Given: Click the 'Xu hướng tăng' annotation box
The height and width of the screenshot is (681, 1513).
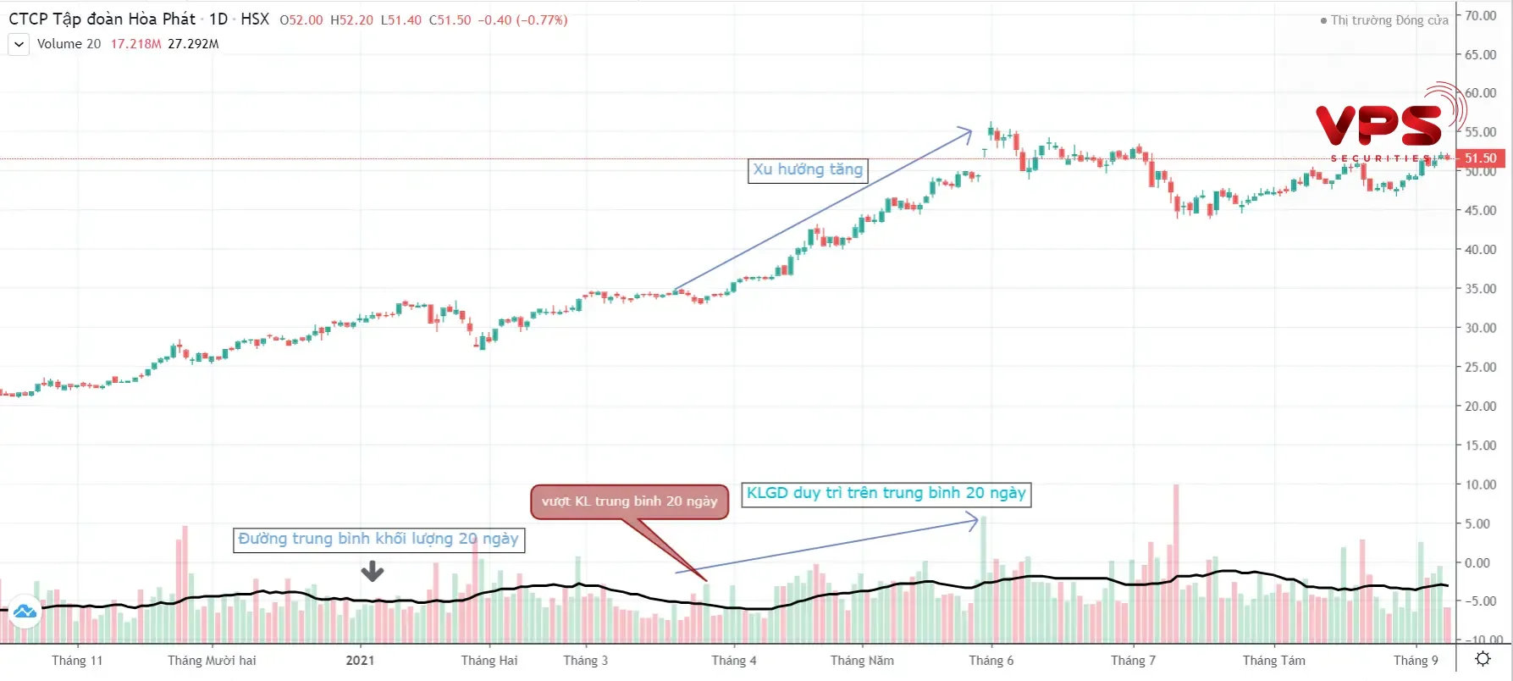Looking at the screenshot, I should pos(808,170).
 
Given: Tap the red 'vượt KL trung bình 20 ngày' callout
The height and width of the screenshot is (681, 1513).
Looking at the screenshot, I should pos(629,501).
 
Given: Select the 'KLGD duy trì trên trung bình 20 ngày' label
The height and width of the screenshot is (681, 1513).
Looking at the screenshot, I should pos(886,494).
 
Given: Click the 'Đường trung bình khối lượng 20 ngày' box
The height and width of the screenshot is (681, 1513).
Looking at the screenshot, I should pos(378,540).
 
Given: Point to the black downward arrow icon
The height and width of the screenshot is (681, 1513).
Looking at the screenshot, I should pos(373,572).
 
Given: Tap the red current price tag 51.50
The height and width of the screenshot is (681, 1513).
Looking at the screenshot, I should pos(1480,158).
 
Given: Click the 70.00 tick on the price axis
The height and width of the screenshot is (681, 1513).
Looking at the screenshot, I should pos(1481,15).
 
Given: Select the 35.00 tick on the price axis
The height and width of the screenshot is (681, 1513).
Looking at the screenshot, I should pos(1481,289).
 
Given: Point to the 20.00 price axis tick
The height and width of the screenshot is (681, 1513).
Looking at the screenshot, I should pos(1481,407).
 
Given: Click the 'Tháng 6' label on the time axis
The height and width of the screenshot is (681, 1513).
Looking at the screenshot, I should pos(991,661).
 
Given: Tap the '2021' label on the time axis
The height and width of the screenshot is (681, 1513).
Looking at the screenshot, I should pos(360,661).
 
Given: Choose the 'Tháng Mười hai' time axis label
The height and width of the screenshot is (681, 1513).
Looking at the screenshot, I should pos(212,661).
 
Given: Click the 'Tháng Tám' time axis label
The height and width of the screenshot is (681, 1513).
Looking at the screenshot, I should pos(1273,661).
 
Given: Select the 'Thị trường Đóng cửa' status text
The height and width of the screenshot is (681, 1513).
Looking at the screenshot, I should pos(1389,20).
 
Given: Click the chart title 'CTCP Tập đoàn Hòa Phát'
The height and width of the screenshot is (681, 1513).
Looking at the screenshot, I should pos(102,19).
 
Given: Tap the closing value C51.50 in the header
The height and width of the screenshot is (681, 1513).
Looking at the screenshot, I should pos(450,20).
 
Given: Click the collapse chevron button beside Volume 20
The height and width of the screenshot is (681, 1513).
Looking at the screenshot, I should pos(19,44).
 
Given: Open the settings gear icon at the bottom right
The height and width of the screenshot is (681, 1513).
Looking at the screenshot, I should pos(1483,659).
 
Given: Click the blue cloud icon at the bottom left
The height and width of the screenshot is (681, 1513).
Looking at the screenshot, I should pos(25,611).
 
